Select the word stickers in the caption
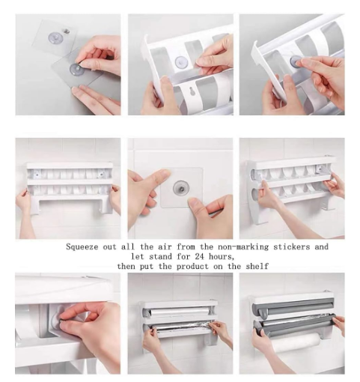pyautogui.click(x=292, y=246)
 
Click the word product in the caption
pyautogui.click(x=192, y=267)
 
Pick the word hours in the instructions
pyautogui.click(x=222, y=256)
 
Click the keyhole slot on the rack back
pyautogui.click(x=192, y=91)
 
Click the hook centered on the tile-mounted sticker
pyautogui.click(x=181, y=187)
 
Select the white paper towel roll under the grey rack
pyautogui.click(x=296, y=343)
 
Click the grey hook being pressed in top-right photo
pyautogui.click(x=296, y=61)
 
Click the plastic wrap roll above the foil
pyautogui.click(x=177, y=312)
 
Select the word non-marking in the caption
pyautogui.click(x=243, y=246)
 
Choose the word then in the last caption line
pyautogui.click(x=126, y=266)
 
